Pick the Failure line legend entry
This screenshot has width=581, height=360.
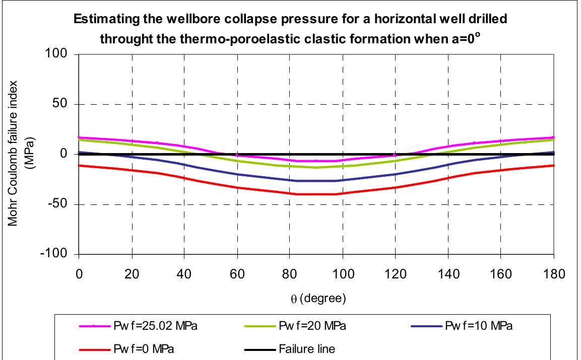[308, 348]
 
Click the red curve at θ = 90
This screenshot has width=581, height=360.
[316, 194]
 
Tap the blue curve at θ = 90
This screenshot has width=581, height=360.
[316, 181]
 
